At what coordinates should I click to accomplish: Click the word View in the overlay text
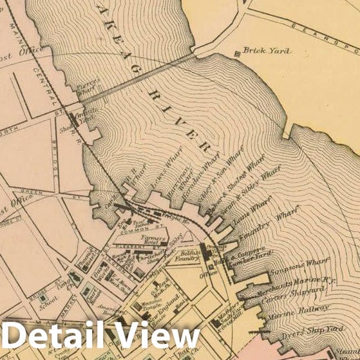(x=160, y=336)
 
